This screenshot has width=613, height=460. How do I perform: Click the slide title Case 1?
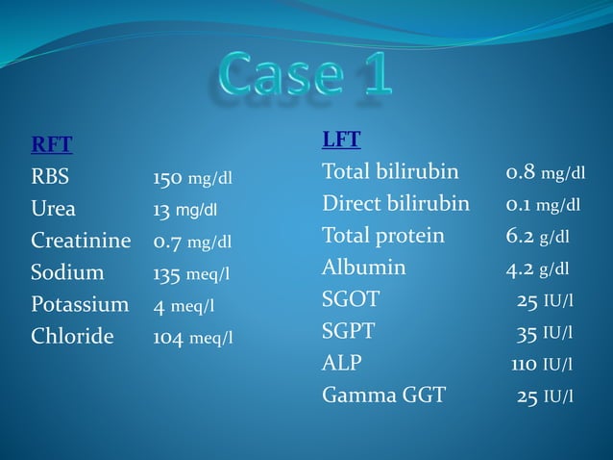coord(306,73)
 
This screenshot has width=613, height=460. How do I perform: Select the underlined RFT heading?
coord(52,145)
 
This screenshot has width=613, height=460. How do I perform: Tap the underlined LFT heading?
coord(341,140)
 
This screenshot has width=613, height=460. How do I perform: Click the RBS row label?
coord(51,177)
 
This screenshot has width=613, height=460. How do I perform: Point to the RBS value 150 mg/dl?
coord(192,178)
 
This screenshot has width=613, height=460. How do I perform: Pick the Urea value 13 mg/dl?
coord(184,210)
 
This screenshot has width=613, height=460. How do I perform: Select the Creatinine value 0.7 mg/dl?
coord(192,242)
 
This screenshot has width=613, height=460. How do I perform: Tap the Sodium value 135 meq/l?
coord(191,274)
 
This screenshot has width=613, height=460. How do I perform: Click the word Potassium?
coord(80,305)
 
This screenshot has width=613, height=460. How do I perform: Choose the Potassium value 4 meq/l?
coord(184,306)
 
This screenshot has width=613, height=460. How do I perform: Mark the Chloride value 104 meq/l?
coord(192,338)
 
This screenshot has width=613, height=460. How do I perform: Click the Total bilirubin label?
coord(390,172)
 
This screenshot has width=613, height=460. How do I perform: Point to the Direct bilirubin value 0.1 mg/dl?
coord(543,204)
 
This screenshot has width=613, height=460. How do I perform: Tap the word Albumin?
coord(363,268)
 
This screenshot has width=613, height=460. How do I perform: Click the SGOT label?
coord(351,299)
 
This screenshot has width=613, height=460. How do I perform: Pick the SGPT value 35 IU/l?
coord(545,333)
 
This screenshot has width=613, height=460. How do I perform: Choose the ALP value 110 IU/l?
coord(542,365)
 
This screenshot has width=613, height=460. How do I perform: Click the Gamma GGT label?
coord(383,395)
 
